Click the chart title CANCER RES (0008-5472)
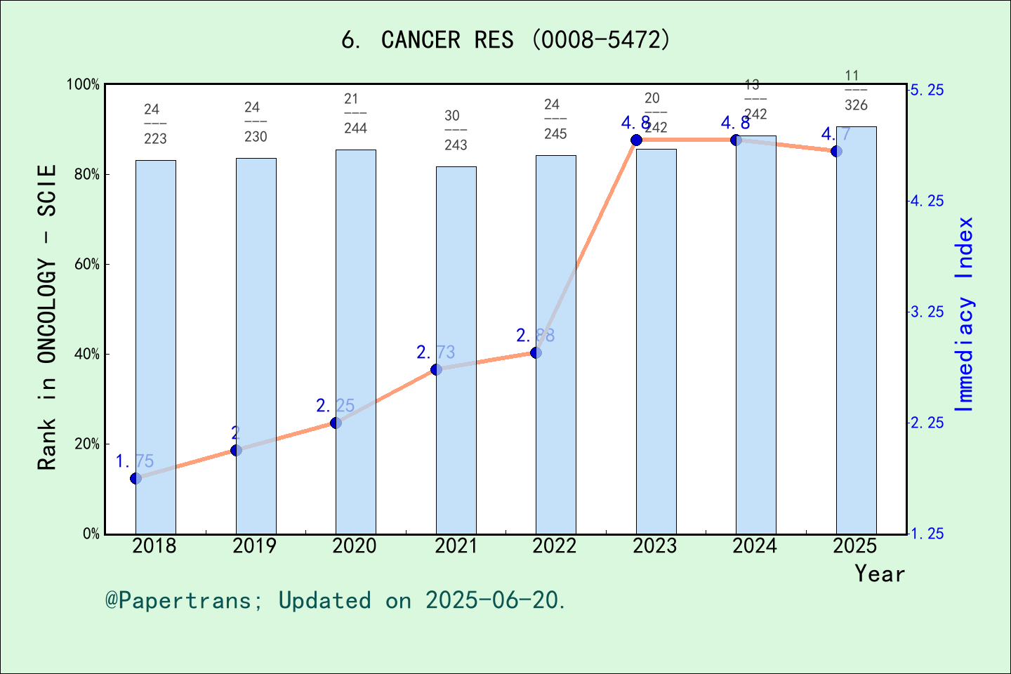505,40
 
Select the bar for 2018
156,347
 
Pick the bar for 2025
856,330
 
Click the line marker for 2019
236,450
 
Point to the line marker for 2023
636,140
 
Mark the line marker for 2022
536,352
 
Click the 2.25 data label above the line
335,406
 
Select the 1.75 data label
134,461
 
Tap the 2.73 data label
435,352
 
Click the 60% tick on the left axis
87,265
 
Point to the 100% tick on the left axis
84,85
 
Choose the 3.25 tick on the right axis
927,312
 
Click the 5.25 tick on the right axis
927,90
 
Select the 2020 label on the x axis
355,546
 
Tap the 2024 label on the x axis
755,546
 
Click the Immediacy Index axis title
965,315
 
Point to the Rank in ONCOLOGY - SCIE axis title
46,317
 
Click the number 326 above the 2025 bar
856,105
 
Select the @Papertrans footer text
336,600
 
